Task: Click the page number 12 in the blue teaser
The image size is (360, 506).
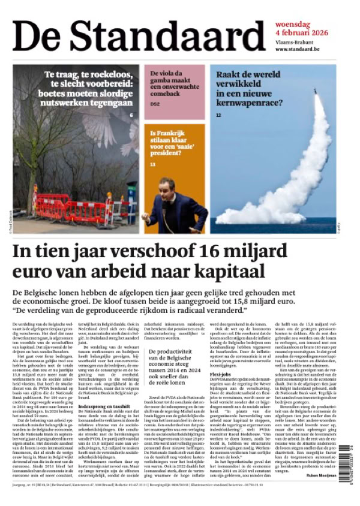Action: click(219, 114)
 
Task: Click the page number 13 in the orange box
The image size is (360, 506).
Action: click(153, 164)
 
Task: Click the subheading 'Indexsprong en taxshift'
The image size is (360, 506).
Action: click(104, 405)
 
